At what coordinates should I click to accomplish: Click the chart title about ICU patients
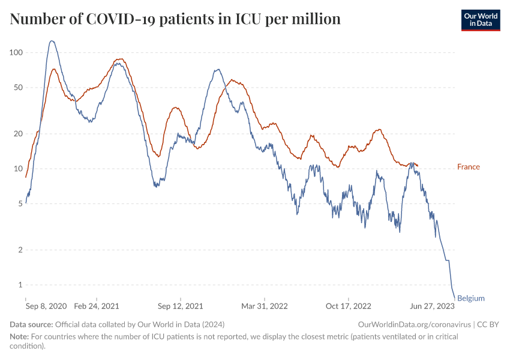[175, 19]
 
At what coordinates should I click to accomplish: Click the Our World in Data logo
[480, 20]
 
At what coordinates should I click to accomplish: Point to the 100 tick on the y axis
[16, 53]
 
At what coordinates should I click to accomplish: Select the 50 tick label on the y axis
[18, 88]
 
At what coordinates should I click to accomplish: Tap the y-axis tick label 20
[18, 134]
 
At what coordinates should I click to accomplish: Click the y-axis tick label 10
[18, 169]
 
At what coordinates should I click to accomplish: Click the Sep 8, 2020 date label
[46, 306]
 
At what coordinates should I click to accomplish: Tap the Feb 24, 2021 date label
[97, 306]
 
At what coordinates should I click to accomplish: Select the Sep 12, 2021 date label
[180, 306]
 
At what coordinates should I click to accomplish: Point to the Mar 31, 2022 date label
[265, 306]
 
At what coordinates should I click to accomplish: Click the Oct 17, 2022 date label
[349, 306]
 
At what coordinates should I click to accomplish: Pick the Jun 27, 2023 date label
[433, 306]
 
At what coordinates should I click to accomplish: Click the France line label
[469, 167]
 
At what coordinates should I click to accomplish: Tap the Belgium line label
[471, 298]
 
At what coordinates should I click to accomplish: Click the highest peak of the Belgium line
[52, 41]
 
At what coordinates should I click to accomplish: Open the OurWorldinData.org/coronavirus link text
[413, 324]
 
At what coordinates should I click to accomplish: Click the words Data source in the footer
[31, 324]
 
